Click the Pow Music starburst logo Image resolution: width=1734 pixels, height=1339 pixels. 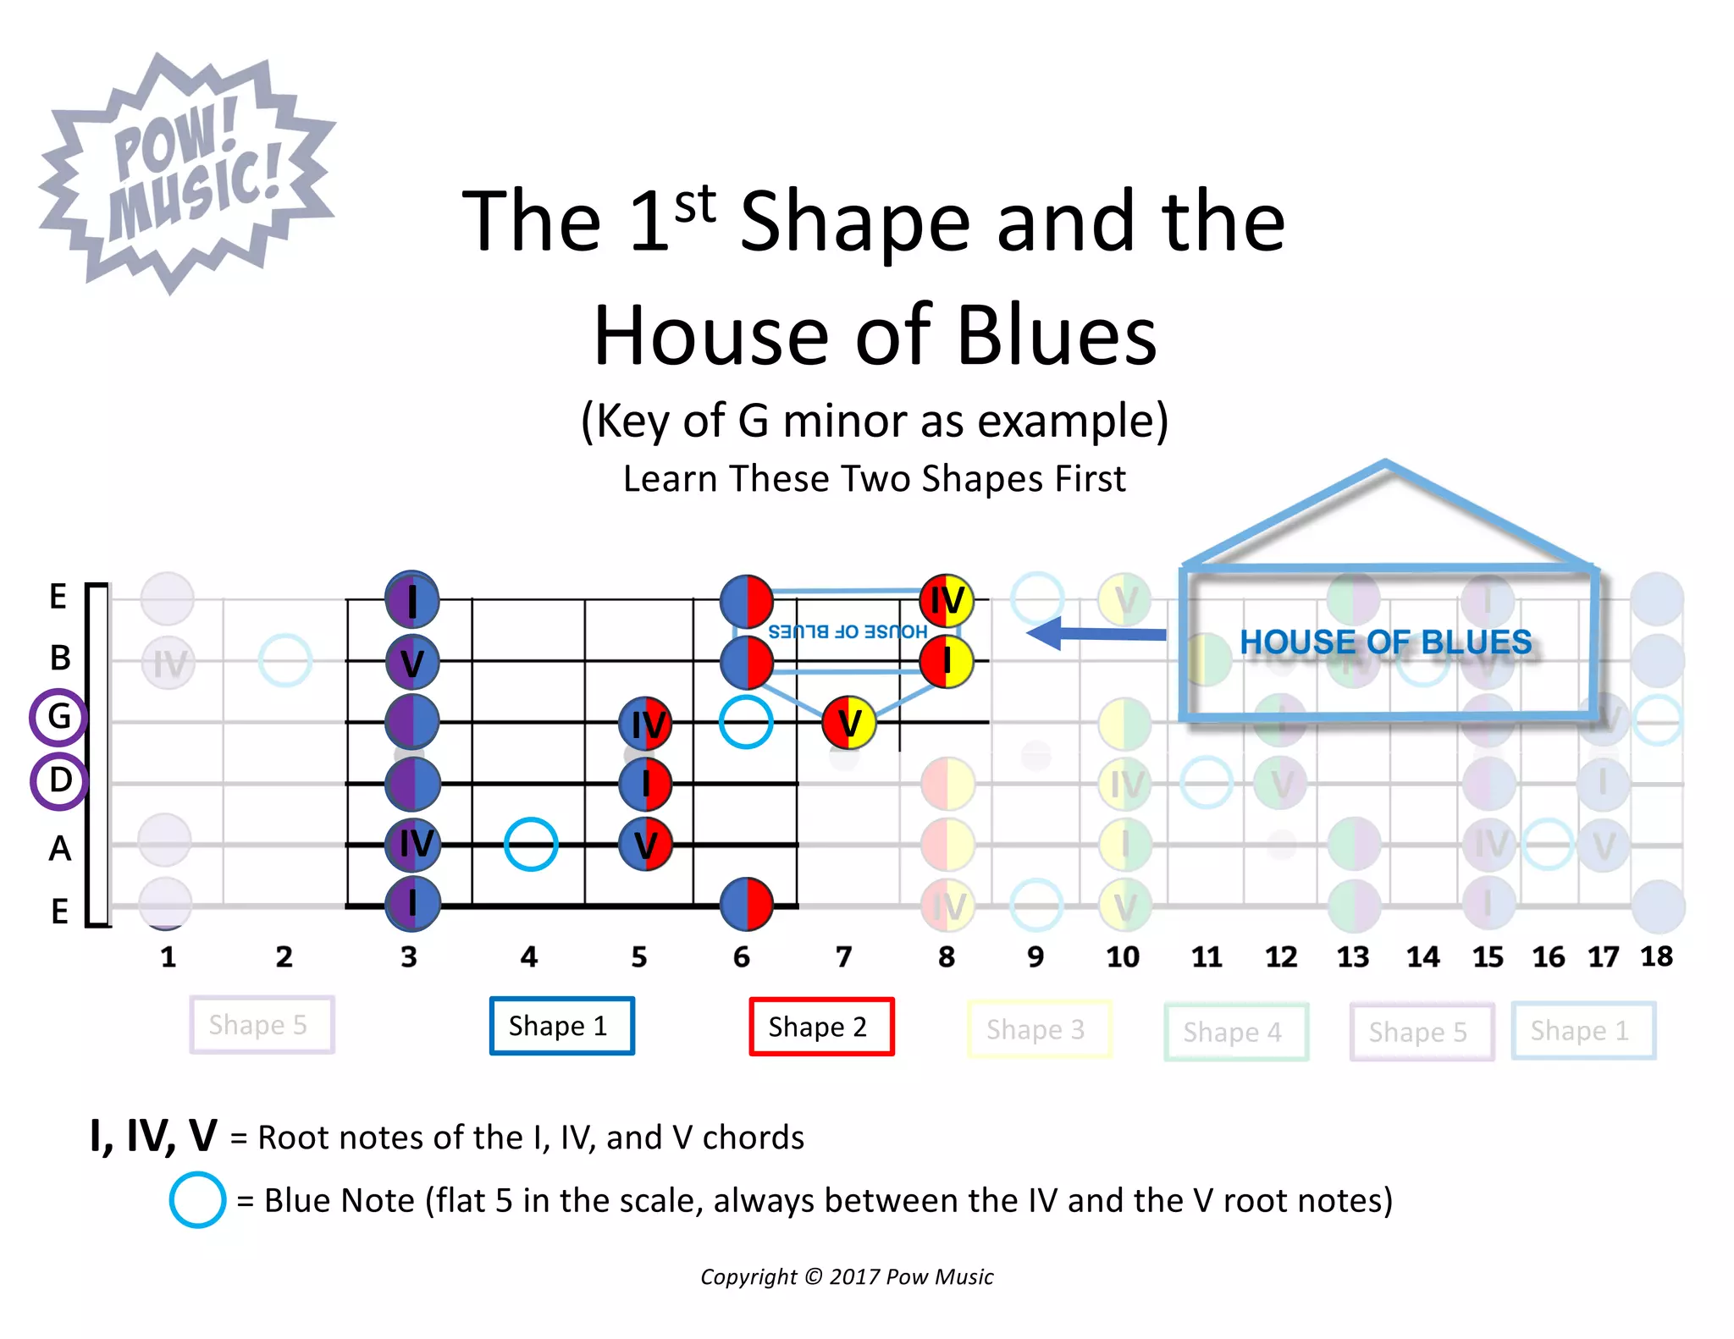pos(186,174)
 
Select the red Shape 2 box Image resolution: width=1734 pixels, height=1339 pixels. pos(820,1027)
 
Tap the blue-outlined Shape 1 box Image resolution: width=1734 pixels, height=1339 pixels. pos(561,1026)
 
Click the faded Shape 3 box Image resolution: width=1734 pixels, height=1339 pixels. pos(1038,1029)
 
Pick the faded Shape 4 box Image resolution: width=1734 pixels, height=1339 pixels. pos(1235,1032)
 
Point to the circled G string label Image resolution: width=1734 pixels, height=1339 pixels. pos(58,717)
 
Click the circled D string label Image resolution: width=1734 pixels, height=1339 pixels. pos(58,780)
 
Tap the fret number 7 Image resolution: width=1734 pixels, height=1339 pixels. pos(843,957)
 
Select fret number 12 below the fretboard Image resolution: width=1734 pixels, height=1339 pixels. pos(1280,957)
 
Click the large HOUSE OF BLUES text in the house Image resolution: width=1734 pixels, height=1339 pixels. pos(1385,642)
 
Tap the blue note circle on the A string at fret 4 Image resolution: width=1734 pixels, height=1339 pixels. pos(530,844)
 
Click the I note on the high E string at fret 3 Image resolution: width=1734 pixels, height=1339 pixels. pos(411,599)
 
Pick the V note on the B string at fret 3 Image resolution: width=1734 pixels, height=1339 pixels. pos(411,662)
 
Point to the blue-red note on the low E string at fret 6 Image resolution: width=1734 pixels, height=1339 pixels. pos(746,903)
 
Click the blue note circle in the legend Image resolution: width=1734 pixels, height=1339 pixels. pos(197,1200)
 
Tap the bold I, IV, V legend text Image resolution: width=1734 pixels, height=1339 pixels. pos(153,1136)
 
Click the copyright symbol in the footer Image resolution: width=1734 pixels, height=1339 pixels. pos(813,1276)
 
